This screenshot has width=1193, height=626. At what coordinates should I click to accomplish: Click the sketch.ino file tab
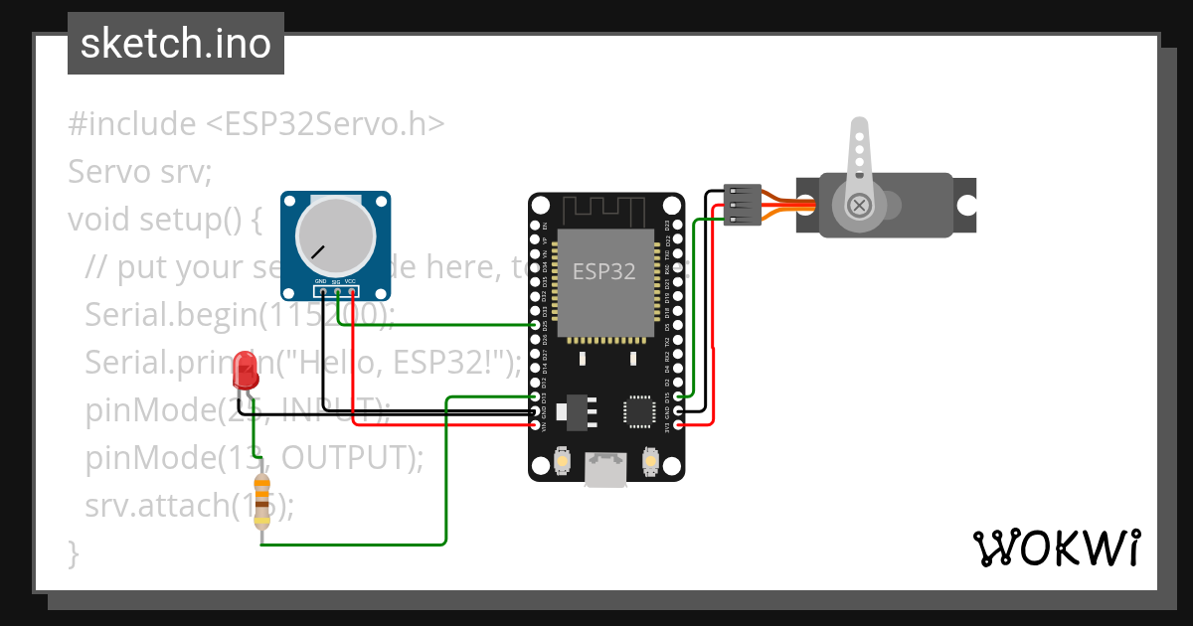pyautogui.click(x=175, y=44)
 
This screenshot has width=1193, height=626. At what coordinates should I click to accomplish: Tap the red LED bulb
pyautogui.click(x=245, y=374)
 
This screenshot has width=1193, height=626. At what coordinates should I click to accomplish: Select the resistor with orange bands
pyautogui.click(x=262, y=500)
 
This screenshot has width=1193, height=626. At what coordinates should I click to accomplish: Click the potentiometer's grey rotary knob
pyautogui.click(x=336, y=235)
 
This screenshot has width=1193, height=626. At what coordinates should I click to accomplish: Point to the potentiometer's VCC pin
pyautogui.click(x=352, y=291)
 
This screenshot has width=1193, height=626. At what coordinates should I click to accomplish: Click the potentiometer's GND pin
pyautogui.click(x=322, y=291)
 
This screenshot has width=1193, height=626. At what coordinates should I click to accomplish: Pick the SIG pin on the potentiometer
pyautogui.click(x=337, y=291)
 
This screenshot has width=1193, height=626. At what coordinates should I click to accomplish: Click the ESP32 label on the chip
pyautogui.click(x=603, y=270)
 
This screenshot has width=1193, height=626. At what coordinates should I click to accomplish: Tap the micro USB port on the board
pyautogui.click(x=606, y=468)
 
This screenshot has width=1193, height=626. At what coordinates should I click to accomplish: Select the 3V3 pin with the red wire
pyautogui.click(x=678, y=425)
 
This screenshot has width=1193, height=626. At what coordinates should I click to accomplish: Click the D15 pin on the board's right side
pyautogui.click(x=678, y=396)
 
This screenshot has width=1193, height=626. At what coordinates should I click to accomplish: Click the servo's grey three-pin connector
pyautogui.click(x=742, y=205)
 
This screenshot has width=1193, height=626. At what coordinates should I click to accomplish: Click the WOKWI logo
pyautogui.click(x=1056, y=548)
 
